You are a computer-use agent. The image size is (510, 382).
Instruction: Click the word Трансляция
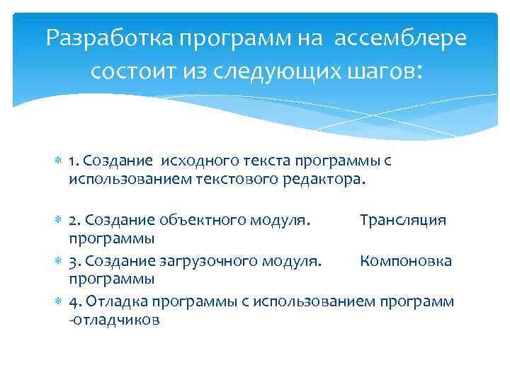coord(402,220)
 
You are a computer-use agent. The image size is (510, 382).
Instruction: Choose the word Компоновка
coord(406,262)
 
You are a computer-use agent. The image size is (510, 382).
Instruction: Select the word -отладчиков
coord(114,320)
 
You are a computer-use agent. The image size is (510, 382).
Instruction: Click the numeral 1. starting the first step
coord(74,161)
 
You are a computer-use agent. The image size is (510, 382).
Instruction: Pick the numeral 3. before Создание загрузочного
coord(74,262)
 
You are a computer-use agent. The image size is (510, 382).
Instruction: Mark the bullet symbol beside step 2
coord(58,220)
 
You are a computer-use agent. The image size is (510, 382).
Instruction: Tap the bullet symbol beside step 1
coord(58,161)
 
